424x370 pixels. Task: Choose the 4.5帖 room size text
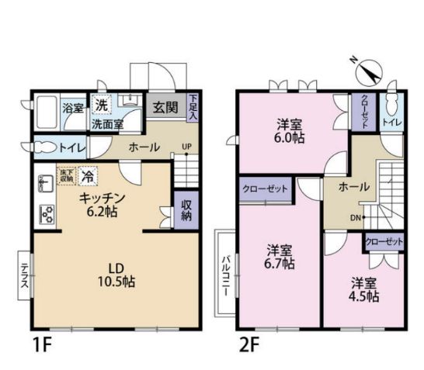pyautogui.click(x=362, y=296)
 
